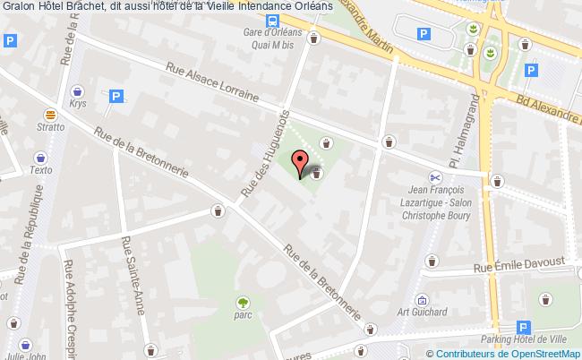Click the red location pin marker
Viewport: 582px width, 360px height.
click(299, 162)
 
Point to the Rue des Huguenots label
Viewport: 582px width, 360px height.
click(266, 152)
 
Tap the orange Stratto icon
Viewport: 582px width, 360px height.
click(51, 115)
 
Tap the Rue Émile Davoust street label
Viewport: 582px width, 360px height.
click(520, 262)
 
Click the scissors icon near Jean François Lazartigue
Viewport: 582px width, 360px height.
click(434, 176)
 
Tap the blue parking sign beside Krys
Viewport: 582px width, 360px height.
click(116, 95)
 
